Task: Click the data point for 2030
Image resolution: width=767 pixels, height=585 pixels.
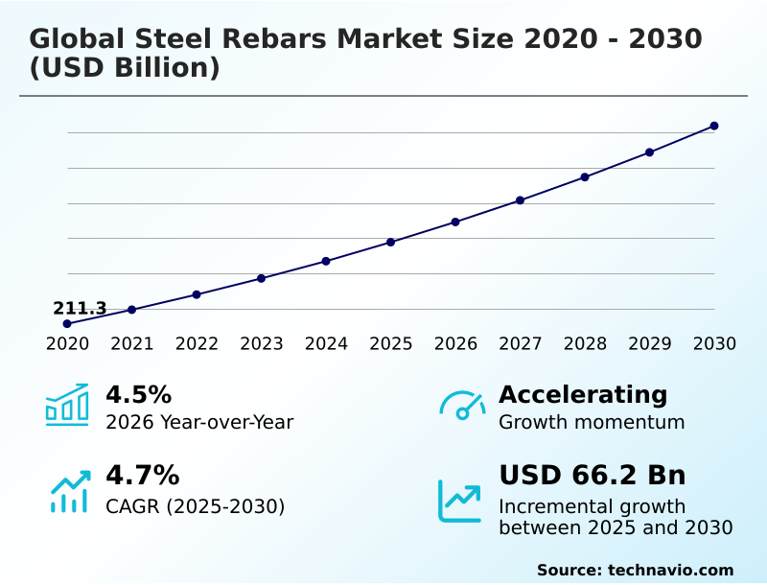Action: point(714,126)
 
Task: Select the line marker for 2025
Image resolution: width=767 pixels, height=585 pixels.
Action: point(391,242)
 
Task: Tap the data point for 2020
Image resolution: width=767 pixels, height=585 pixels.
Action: point(67,324)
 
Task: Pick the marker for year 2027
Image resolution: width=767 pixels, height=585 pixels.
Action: point(521,200)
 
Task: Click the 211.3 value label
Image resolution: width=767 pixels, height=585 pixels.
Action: point(80,308)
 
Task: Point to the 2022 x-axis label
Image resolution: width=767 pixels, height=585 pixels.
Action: point(197,344)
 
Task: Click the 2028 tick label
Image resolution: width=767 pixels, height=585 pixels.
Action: point(585,344)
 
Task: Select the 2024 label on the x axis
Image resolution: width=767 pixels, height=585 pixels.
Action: point(326,344)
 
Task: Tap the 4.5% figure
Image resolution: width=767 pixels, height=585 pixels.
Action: point(138,394)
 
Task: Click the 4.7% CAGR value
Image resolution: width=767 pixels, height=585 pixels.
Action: point(142,475)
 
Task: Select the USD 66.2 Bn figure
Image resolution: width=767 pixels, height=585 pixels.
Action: point(592,475)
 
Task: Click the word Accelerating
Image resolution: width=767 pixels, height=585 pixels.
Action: point(583,394)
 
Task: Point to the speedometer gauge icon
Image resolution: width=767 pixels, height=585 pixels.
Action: point(462,405)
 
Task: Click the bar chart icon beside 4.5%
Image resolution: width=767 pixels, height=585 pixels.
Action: point(67,405)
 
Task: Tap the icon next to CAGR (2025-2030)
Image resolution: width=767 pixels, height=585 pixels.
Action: point(69,491)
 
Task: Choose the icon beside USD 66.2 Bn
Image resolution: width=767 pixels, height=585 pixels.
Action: point(460,501)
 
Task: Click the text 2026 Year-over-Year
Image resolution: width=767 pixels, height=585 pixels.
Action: point(199,422)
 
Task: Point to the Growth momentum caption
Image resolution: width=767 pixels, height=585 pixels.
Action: point(592,422)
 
